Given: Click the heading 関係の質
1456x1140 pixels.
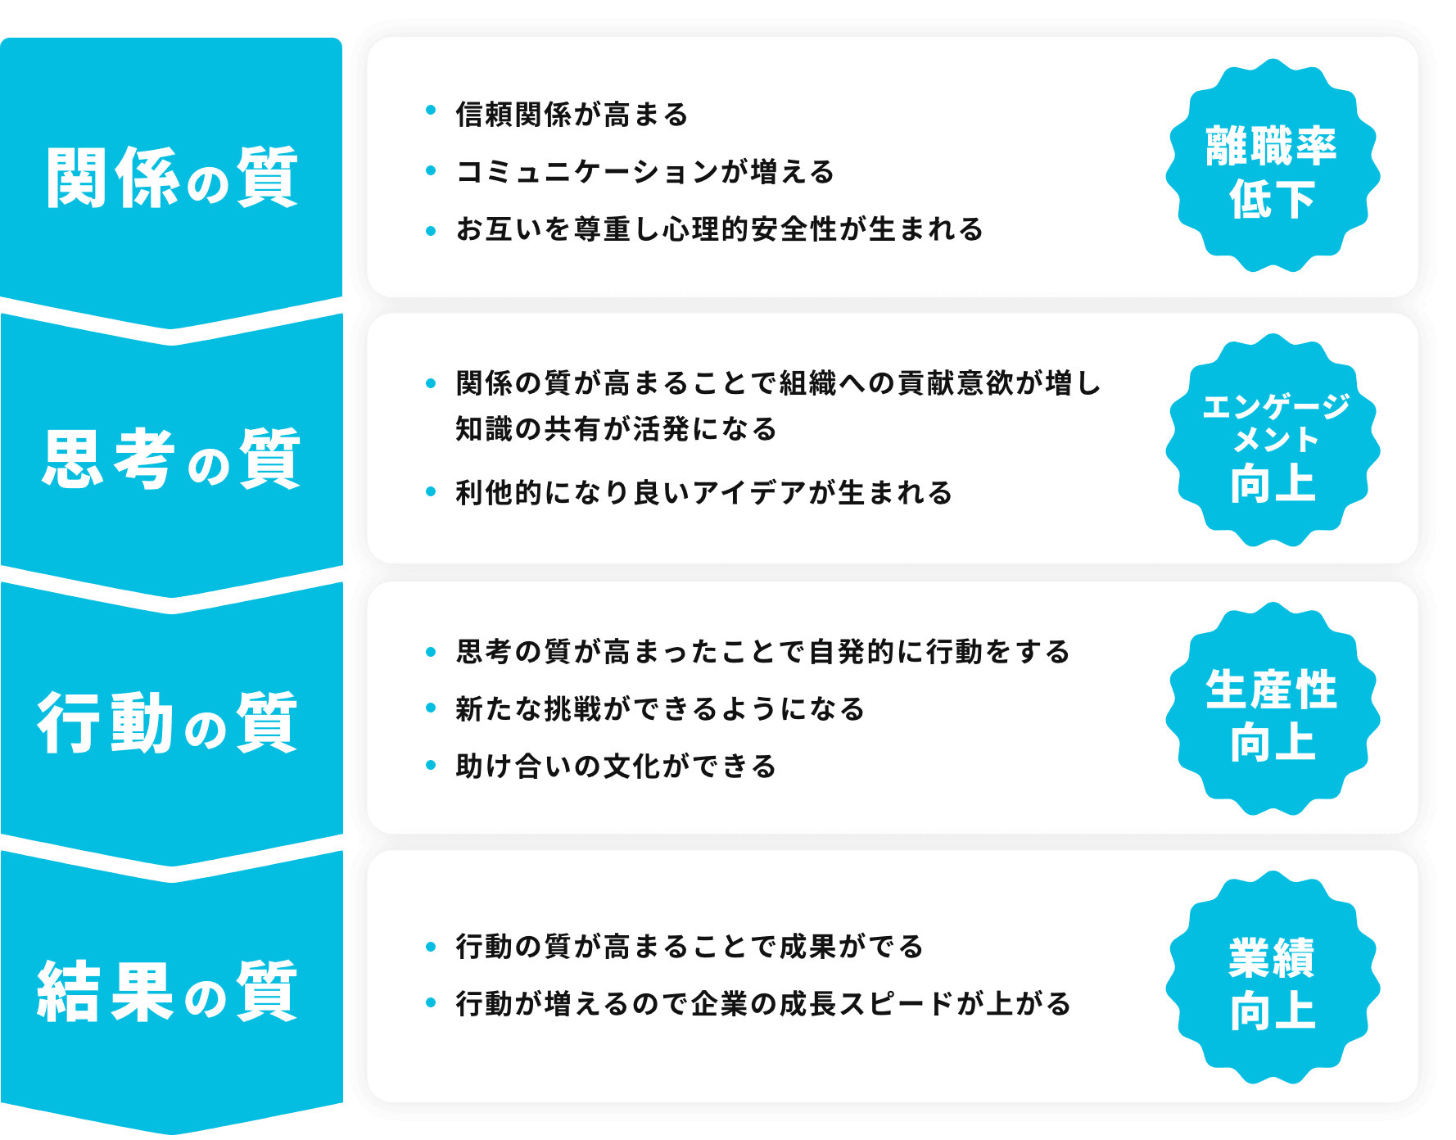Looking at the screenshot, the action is pyautogui.click(x=172, y=178).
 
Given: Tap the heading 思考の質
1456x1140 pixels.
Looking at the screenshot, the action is pyautogui.click(x=172, y=459).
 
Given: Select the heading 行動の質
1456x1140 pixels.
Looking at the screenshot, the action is pyautogui.click(x=169, y=723).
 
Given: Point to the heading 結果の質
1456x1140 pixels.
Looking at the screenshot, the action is pyautogui.click(x=169, y=992).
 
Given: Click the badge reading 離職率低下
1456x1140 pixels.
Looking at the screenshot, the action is pyautogui.click(x=1272, y=173).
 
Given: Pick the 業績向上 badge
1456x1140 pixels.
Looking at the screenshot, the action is pyautogui.click(x=1272, y=983).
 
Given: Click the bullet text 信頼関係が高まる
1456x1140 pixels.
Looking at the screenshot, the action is pyautogui.click(x=572, y=115).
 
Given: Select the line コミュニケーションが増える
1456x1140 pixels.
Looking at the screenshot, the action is pyautogui.click(x=645, y=172).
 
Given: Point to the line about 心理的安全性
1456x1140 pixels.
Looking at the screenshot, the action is pyautogui.click(x=719, y=229).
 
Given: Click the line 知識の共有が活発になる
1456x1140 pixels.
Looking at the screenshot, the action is pyautogui.click(x=616, y=429).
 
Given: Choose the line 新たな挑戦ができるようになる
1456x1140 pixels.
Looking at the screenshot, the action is pyautogui.click(x=660, y=709).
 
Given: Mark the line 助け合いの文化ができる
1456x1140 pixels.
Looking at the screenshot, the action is pyautogui.click(x=616, y=767).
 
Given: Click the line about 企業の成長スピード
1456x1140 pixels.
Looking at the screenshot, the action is pyautogui.click(x=763, y=1004).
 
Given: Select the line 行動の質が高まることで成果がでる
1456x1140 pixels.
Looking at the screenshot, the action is pyautogui.click(x=690, y=947).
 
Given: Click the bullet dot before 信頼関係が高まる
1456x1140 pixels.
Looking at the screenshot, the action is pyautogui.click(x=431, y=111).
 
